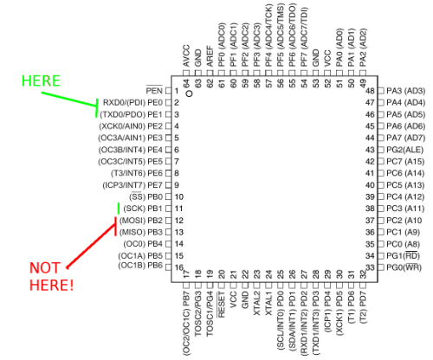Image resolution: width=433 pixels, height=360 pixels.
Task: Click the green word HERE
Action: pos(41,80)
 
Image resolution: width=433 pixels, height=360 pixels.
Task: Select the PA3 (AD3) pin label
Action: pos(405,91)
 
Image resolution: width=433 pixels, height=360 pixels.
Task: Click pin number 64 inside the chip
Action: pos(186,83)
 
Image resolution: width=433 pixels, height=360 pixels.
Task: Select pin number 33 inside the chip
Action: pos(370,267)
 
